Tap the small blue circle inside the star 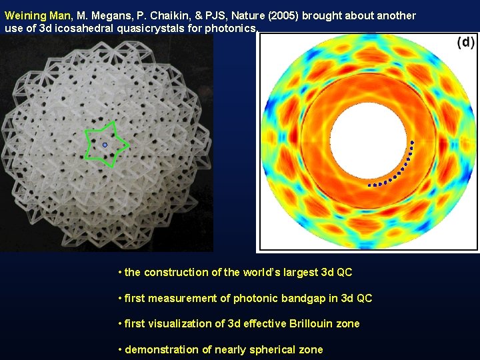[105, 145]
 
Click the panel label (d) [465, 43]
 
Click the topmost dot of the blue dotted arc [412, 143]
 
